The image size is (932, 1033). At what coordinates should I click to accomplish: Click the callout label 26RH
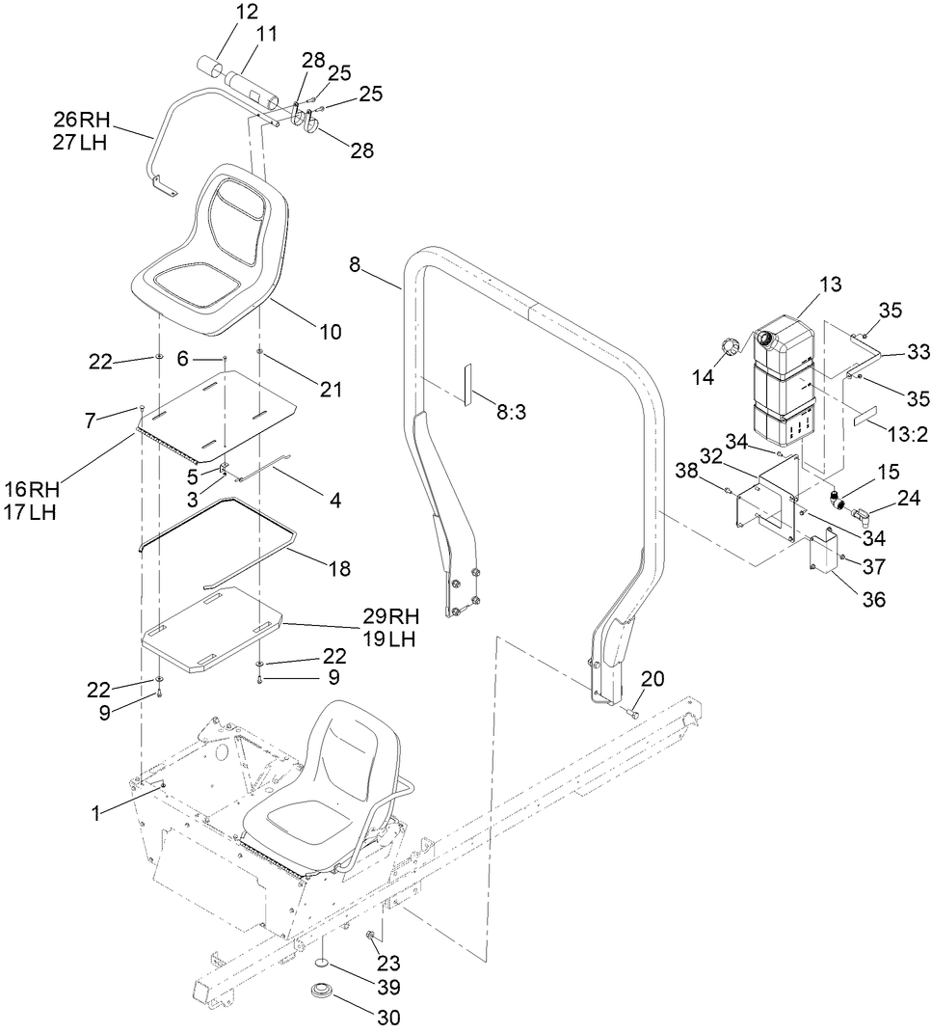(82, 121)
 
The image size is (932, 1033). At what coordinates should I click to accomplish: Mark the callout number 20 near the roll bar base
(652, 679)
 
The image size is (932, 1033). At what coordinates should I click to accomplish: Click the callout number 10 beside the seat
(330, 332)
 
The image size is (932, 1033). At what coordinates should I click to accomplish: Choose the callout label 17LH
(30, 512)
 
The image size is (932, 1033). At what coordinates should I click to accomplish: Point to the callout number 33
(892, 352)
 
